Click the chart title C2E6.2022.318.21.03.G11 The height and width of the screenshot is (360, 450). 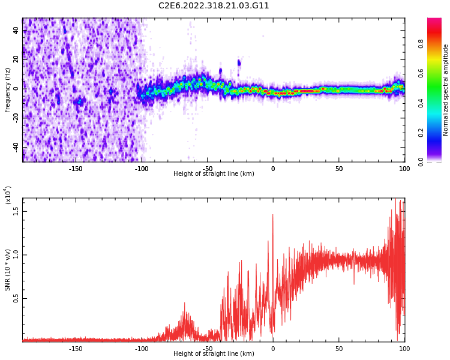[214, 6]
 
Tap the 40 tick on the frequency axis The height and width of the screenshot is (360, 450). [16, 30]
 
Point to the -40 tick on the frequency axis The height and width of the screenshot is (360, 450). [16, 147]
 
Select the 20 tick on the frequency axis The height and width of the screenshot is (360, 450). [16, 59]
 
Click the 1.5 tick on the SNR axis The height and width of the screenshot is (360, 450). [16, 211]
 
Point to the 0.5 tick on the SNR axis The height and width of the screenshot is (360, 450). [16, 298]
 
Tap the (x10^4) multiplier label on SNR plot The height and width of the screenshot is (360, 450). [8, 194]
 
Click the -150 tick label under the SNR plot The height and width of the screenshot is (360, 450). [76, 348]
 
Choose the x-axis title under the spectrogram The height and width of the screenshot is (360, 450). [214, 174]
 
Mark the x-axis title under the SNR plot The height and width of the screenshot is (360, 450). [214, 354]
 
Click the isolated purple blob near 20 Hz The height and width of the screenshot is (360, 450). [239, 62]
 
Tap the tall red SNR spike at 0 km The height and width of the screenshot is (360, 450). [272, 216]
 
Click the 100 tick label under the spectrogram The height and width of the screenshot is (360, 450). [404, 169]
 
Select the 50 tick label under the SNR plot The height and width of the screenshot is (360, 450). [338, 348]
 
